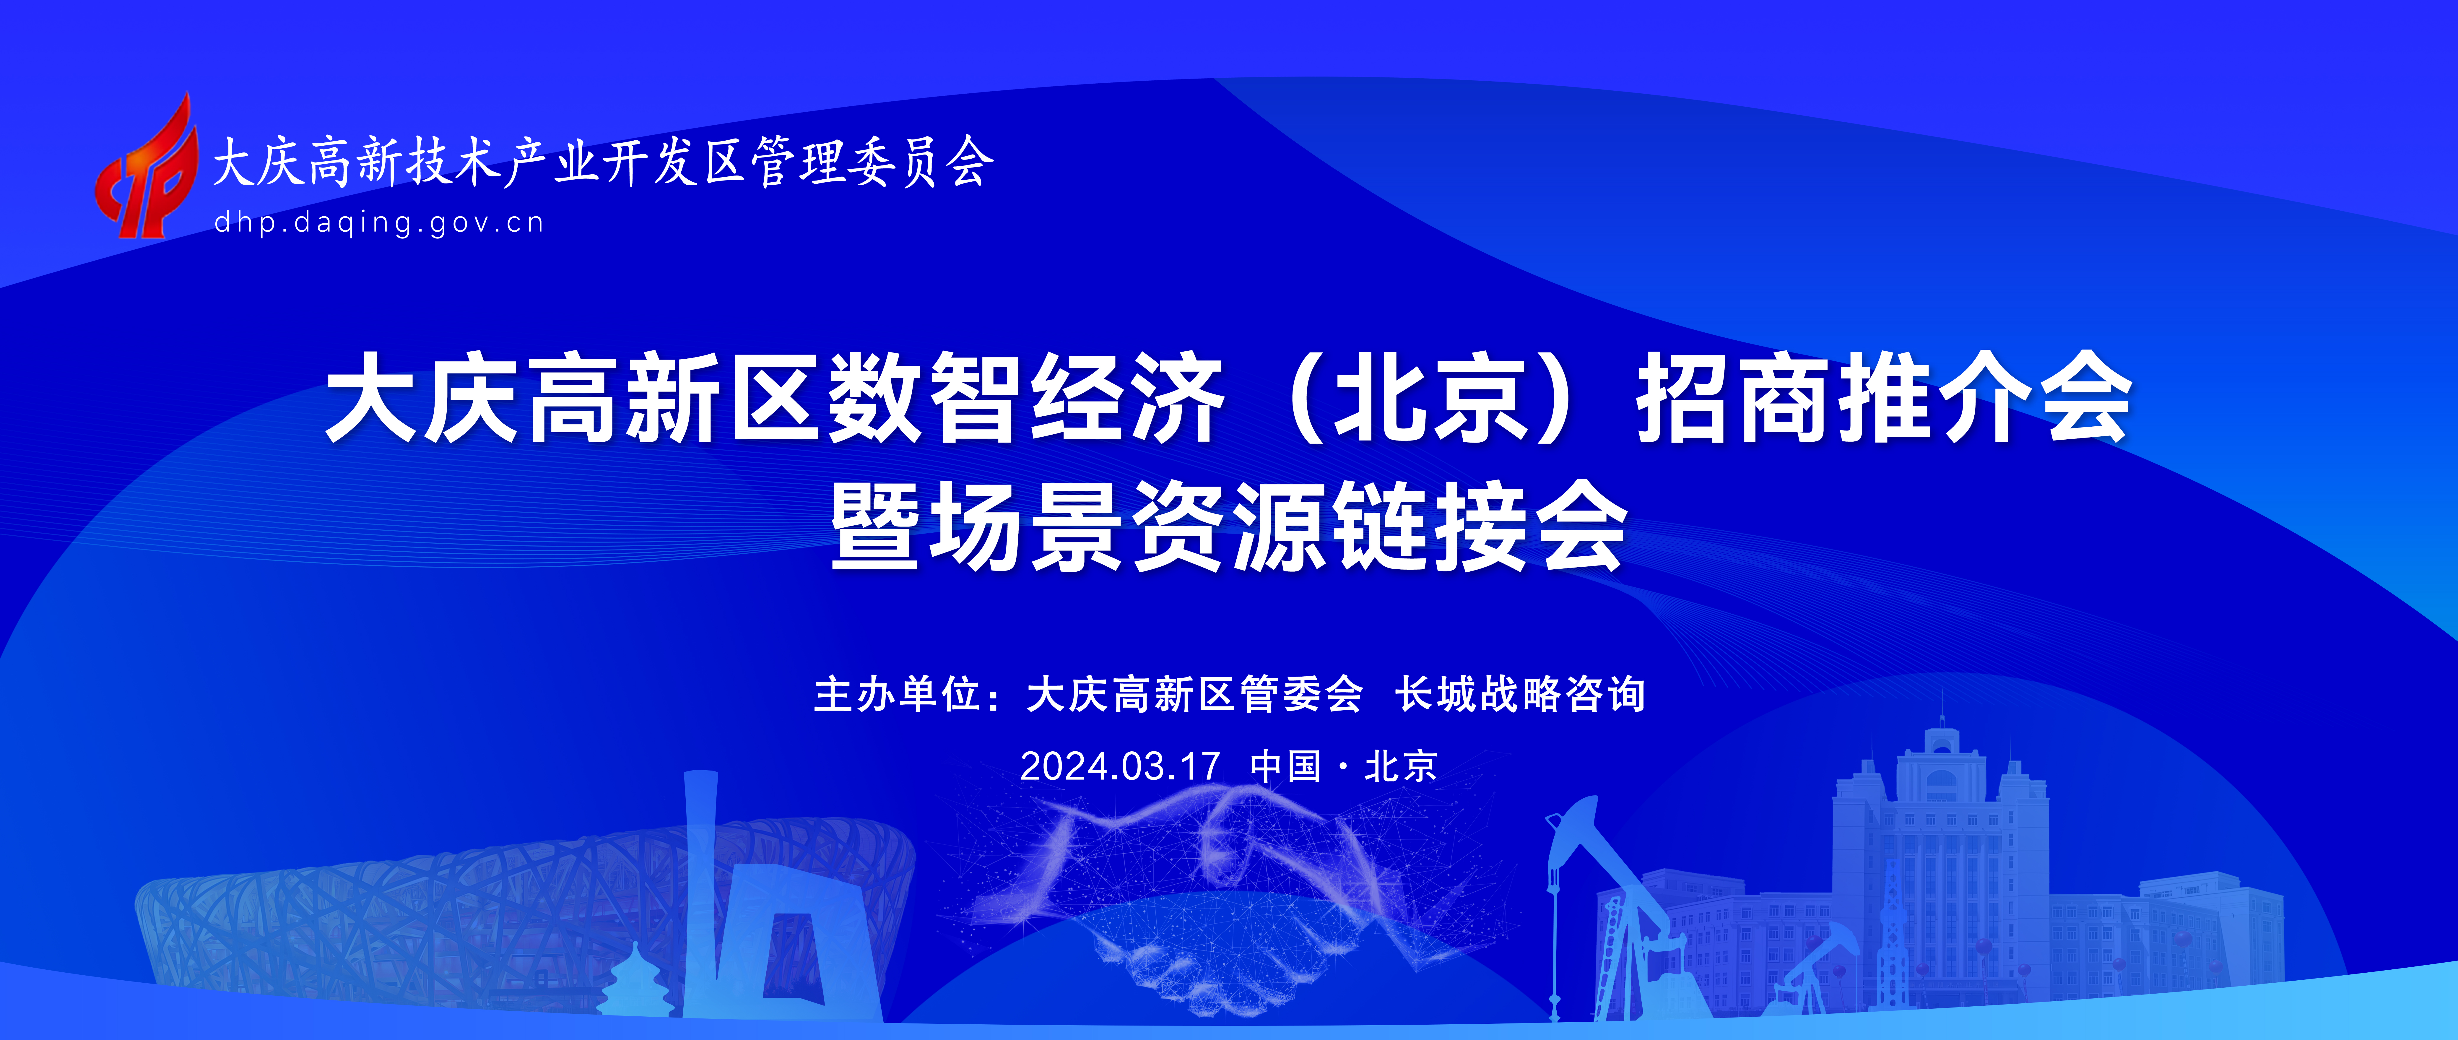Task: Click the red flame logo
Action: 145,167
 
